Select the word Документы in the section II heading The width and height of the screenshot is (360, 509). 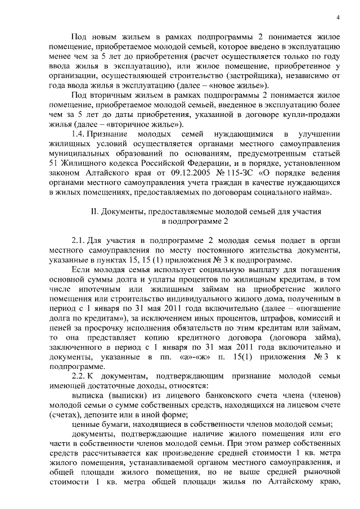tap(127, 212)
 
